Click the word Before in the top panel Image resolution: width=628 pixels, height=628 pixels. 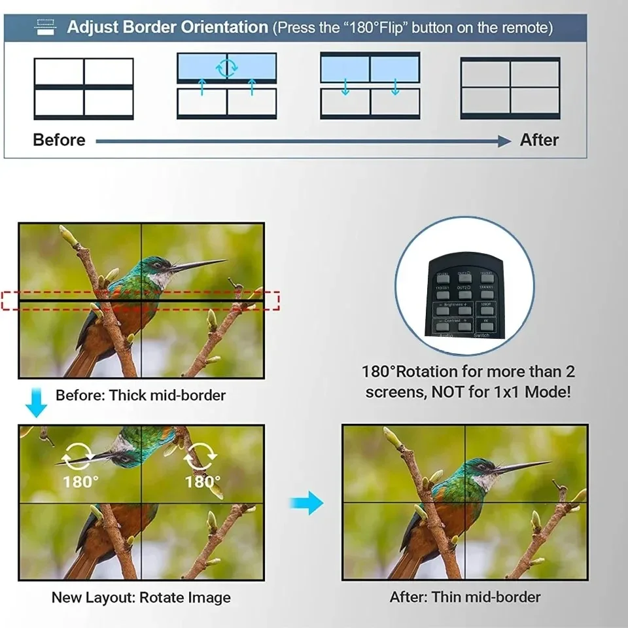pyautogui.click(x=59, y=140)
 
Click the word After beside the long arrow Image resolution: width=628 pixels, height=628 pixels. pyautogui.click(x=539, y=140)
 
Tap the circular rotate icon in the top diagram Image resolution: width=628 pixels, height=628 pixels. pyautogui.click(x=227, y=67)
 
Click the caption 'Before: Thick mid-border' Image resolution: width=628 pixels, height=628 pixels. pyautogui.click(x=140, y=395)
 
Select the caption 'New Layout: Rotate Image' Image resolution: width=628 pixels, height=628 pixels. pyautogui.click(x=141, y=597)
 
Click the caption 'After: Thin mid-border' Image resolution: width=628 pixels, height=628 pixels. pyautogui.click(x=465, y=597)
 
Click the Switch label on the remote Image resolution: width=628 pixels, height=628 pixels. pyautogui.click(x=481, y=335)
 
